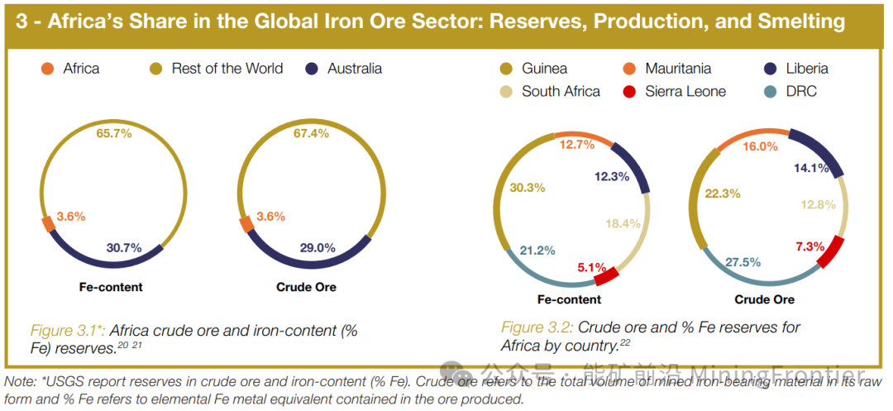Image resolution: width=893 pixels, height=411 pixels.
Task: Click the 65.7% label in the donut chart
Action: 114,133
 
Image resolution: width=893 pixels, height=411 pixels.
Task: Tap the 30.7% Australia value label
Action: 124,247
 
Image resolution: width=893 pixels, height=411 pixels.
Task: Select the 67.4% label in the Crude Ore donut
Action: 311,133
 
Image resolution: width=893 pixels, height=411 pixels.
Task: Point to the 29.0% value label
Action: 317,247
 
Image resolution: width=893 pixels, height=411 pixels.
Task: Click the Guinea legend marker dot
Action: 508,69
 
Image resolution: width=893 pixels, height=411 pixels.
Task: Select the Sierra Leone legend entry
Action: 685,91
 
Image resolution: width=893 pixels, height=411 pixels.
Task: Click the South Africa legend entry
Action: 560,91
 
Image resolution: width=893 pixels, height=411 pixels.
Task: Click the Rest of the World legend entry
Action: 227,69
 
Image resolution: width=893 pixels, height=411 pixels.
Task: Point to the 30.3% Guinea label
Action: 528,188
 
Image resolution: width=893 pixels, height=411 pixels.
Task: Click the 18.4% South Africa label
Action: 623,223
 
